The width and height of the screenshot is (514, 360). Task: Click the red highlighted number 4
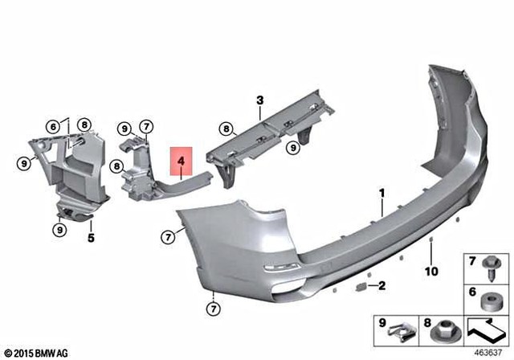tap(181, 162)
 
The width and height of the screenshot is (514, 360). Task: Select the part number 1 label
tap(383, 193)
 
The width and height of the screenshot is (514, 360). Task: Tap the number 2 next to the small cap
tap(382, 285)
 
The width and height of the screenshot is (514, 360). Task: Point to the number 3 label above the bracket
tap(259, 100)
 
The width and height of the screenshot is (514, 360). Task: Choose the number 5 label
tap(90, 238)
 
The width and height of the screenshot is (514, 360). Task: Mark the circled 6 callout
tap(53, 126)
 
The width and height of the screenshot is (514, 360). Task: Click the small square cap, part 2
tap(361, 285)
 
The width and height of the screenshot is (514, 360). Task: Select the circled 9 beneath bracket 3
tap(293, 146)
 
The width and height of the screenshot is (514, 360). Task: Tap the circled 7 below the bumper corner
tap(214, 308)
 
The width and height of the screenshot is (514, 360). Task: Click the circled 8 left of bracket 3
tap(226, 128)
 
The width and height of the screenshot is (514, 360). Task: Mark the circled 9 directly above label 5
tap(59, 231)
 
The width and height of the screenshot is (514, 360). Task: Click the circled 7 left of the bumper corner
tap(167, 237)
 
